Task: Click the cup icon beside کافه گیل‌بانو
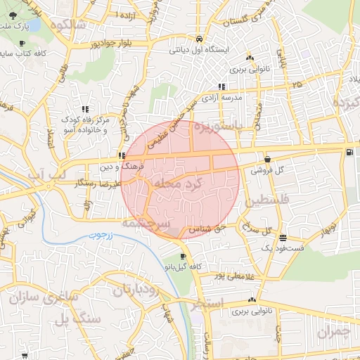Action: [184, 257]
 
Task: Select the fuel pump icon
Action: [349, 153]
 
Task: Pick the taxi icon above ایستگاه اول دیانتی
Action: [200, 39]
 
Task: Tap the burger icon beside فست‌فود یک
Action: [283, 238]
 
